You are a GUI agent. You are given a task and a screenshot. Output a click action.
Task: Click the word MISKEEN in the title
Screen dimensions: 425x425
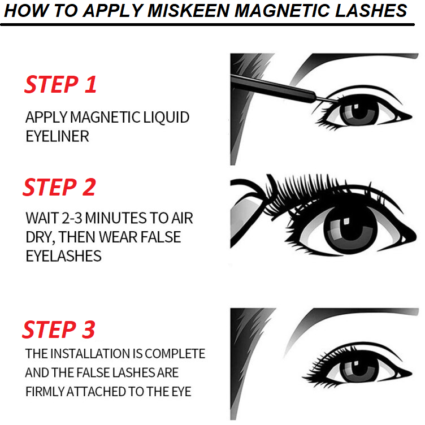coord(189,11)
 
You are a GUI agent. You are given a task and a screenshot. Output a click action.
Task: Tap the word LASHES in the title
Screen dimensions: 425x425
coord(371,11)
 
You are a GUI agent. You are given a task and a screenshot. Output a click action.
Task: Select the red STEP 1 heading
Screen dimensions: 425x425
coord(60,85)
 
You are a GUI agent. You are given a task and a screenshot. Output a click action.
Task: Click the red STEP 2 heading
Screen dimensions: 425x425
coord(59,187)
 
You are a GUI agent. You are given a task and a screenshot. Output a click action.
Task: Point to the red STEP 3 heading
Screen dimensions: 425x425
coord(59,329)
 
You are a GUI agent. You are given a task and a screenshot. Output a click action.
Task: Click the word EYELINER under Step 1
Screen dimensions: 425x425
coord(57,136)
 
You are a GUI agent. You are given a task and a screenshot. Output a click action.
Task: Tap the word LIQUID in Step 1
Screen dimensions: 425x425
coord(166,118)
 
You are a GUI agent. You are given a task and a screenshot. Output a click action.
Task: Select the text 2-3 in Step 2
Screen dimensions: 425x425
coord(72,218)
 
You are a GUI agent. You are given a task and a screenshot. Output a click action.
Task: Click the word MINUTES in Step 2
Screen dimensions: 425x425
coord(116,218)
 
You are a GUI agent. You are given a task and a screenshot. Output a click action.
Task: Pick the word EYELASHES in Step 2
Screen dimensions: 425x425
coord(63,256)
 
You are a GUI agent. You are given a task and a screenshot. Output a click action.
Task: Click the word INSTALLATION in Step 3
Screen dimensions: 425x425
coord(91,354)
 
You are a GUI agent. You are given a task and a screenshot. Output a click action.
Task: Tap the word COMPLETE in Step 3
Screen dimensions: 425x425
coord(175,354)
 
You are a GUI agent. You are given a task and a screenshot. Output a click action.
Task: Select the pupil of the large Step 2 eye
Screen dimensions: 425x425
coord(350,228)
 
